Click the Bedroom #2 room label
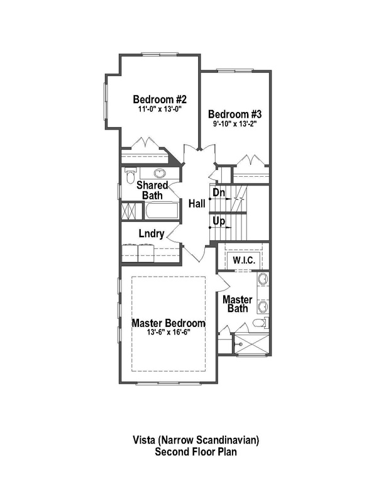(x=160, y=99)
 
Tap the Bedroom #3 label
(x=234, y=114)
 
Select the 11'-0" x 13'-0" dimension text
(x=160, y=109)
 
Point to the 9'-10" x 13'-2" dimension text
(x=234, y=124)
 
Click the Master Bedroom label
(x=168, y=323)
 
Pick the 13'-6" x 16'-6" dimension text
(x=168, y=332)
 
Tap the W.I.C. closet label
(x=243, y=260)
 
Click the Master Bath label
(x=238, y=304)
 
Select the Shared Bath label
(x=152, y=191)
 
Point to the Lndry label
(x=151, y=235)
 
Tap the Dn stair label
(x=219, y=192)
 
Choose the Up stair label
(x=219, y=221)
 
